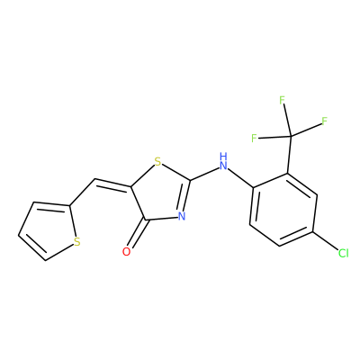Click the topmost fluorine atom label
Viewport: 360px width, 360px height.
coord(282,100)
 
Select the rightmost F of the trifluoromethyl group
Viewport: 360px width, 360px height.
coord(324,121)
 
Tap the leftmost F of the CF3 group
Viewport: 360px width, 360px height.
coord(254,138)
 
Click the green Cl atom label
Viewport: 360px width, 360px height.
coord(344,253)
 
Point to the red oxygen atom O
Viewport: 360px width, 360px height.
coord(127,252)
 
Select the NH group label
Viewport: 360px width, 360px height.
coord(223,161)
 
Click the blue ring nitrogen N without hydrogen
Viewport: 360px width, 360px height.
coord(181,217)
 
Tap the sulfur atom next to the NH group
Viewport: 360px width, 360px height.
coord(157,162)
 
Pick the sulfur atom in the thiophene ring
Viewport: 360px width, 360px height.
coord(77,241)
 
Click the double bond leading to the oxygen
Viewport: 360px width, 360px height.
coord(137,233)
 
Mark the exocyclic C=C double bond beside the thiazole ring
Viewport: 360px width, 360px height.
coord(112,184)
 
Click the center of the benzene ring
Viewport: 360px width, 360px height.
coord(283,210)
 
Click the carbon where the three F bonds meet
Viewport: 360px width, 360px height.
coord(291,137)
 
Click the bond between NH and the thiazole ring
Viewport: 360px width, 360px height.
coord(204,174)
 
